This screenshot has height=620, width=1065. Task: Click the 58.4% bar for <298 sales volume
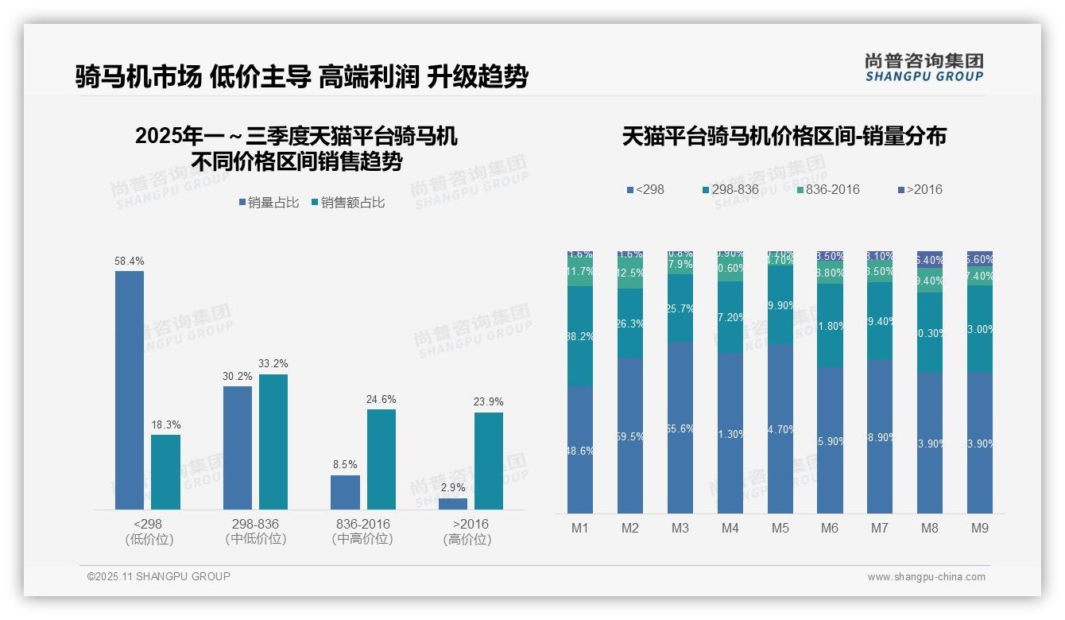click(130, 389)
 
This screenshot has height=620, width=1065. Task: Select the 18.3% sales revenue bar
click(165, 471)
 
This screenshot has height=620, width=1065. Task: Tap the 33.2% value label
click(273, 364)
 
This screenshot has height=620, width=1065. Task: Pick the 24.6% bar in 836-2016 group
click(381, 459)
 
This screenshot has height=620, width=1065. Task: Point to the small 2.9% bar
click(453, 503)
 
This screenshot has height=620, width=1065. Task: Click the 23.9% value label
click(489, 401)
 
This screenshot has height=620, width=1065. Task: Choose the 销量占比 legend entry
click(269, 203)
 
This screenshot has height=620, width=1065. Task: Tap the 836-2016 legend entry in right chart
click(828, 189)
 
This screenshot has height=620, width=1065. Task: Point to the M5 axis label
click(780, 528)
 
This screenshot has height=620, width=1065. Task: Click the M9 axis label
click(980, 528)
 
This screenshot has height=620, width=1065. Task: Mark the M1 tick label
click(580, 528)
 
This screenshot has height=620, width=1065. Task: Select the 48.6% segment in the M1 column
click(580, 450)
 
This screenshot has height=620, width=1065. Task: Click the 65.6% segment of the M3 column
click(680, 428)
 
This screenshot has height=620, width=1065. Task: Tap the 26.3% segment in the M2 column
click(630, 323)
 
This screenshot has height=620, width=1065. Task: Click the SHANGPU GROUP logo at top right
click(924, 68)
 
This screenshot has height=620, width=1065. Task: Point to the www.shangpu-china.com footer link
click(926, 577)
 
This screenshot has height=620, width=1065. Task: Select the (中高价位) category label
click(362, 539)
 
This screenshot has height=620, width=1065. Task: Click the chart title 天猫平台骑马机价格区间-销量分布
click(784, 136)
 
